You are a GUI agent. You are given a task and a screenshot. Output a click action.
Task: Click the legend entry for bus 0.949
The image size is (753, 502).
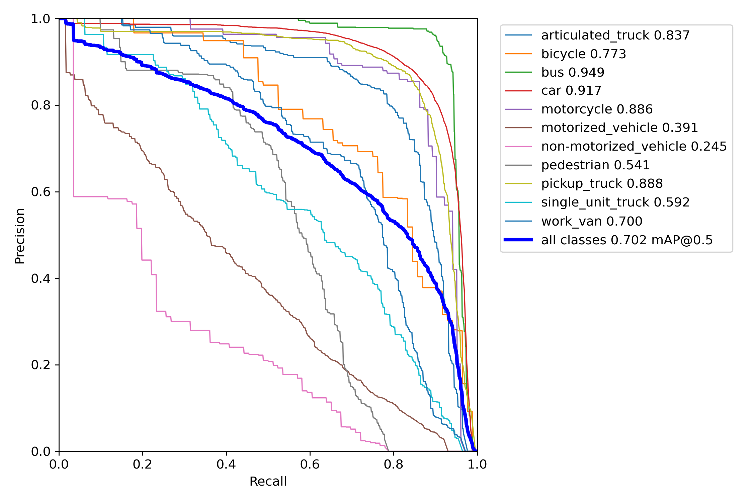pyautogui.click(x=573, y=72)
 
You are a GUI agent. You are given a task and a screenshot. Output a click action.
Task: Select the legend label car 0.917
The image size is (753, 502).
pyautogui.click(x=571, y=91)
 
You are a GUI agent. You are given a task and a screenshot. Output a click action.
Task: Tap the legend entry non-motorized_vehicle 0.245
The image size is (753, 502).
pyautogui.click(x=634, y=147)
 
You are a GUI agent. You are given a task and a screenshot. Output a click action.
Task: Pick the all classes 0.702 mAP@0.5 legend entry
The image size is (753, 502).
pyautogui.click(x=627, y=240)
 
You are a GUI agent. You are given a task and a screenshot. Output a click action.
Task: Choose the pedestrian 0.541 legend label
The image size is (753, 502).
pyautogui.click(x=595, y=165)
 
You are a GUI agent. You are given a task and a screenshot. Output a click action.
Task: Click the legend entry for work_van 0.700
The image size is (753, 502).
pyautogui.click(x=592, y=221)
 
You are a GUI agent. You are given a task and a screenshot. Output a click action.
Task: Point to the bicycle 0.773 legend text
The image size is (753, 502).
pyautogui.click(x=583, y=54)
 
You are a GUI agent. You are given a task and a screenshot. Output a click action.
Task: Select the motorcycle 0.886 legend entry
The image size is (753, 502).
pyautogui.click(x=597, y=109)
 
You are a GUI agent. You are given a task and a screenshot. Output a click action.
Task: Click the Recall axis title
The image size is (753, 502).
pyautogui.click(x=268, y=482)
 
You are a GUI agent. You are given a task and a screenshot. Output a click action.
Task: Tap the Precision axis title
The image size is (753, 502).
pyautogui.click(x=20, y=236)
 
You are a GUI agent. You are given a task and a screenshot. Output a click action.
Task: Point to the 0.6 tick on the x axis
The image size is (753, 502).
pyautogui.click(x=310, y=464)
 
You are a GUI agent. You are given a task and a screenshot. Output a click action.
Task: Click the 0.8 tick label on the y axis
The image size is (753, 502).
pyautogui.click(x=40, y=105)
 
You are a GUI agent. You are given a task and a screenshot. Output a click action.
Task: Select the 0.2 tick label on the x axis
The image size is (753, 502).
pyautogui.click(x=143, y=464)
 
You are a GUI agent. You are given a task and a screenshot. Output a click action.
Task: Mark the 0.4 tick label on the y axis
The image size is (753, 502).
pyautogui.click(x=40, y=278)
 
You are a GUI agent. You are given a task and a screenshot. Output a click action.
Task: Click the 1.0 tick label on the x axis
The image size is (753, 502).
pyautogui.click(x=477, y=464)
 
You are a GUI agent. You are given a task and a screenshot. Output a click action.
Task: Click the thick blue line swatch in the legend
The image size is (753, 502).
pyautogui.click(x=518, y=240)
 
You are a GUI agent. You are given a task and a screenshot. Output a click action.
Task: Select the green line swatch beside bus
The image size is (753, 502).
pyautogui.click(x=518, y=72)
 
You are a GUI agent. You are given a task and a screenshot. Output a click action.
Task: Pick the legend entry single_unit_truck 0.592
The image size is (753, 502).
pyautogui.click(x=615, y=202)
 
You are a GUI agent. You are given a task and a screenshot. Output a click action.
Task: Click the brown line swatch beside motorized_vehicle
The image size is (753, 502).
pyautogui.click(x=518, y=128)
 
